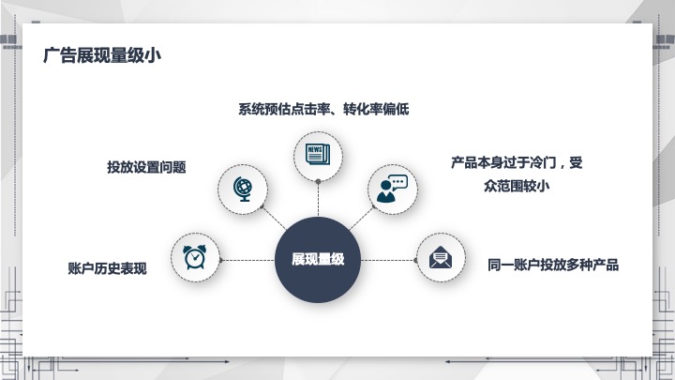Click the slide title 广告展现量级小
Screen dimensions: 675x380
click(x=102, y=55)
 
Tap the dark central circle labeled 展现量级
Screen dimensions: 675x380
click(x=318, y=260)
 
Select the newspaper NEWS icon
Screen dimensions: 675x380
click(x=318, y=154)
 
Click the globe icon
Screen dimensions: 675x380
click(x=243, y=189)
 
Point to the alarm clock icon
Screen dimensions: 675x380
click(x=195, y=257)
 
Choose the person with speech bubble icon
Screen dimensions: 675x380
click(x=392, y=189)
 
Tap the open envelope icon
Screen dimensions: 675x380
click(x=441, y=257)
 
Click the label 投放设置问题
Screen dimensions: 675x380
click(x=146, y=167)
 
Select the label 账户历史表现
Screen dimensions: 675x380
click(x=107, y=268)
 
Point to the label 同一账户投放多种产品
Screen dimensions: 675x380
click(x=553, y=265)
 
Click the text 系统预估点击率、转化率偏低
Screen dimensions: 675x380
click(x=323, y=109)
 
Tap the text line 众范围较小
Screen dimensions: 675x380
click(x=517, y=186)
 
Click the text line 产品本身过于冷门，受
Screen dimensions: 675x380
click(x=517, y=162)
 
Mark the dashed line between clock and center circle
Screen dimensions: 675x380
click(x=247, y=260)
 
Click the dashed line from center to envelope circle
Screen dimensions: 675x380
click(x=388, y=260)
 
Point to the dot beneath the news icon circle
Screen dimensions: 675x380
click(x=318, y=181)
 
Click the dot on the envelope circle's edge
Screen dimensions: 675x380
click(x=415, y=260)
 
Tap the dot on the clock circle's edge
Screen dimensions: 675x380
click(x=220, y=260)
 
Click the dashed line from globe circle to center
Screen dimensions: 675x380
click(x=274, y=218)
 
